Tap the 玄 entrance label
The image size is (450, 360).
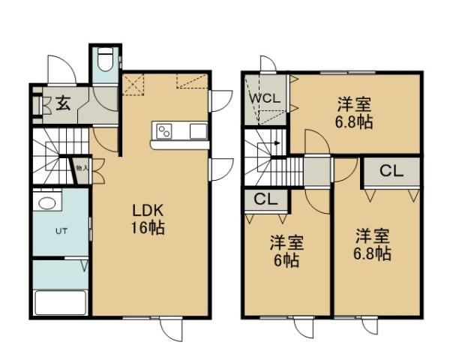pos(64,103)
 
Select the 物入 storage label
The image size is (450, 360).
pos(80,169)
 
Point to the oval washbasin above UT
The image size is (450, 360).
pos(46,204)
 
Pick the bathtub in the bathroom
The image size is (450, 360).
pos(61,302)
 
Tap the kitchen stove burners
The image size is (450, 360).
pos(163,131)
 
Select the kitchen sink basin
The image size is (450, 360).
pos(198,131)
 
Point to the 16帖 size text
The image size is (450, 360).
pos(150,227)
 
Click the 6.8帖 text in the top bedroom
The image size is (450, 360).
pos(355,121)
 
